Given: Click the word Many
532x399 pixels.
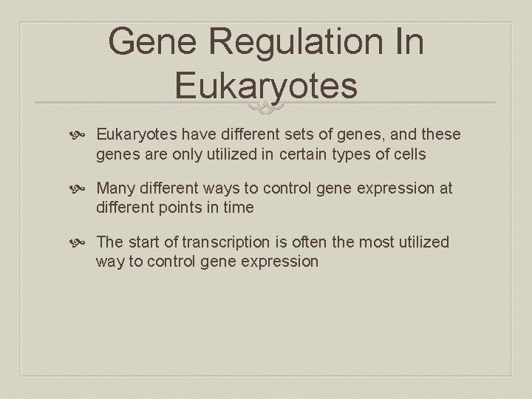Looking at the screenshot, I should [x=115, y=188].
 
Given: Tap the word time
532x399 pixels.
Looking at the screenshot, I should [x=238, y=207].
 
